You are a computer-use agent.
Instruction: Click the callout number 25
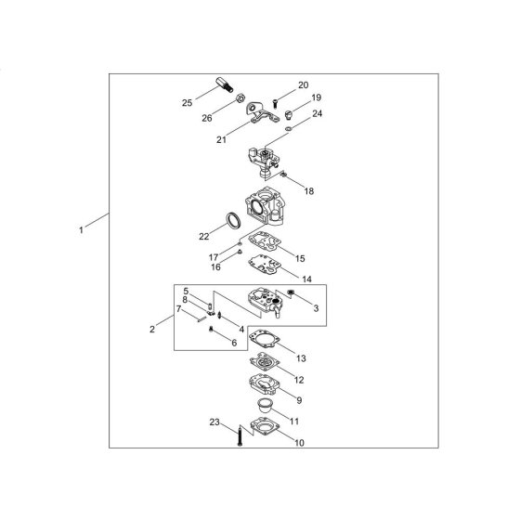click(x=187, y=103)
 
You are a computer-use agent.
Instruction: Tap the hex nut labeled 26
click(x=240, y=98)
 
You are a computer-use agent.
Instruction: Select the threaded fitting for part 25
click(x=224, y=84)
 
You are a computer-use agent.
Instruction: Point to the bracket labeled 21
click(x=261, y=112)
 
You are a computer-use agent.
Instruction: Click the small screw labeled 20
click(x=275, y=103)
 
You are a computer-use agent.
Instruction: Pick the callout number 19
click(x=317, y=97)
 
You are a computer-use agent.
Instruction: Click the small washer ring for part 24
click(x=289, y=128)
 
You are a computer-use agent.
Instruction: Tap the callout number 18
click(x=309, y=191)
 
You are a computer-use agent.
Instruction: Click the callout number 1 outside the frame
click(x=81, y=230)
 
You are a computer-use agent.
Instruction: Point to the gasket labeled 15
click(x=265, y=241)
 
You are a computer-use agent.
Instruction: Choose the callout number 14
click(x=307, y=279)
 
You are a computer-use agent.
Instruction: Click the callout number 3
click(x=316, y=308)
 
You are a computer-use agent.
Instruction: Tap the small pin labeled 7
click(x=201, y=319)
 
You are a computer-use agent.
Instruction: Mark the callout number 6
click(x=234, y=343)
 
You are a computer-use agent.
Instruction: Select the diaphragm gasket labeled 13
click(x=265, y=339)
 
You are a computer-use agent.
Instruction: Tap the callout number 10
click(x=299, y=443)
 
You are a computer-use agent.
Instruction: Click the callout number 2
click(x=152, y=330)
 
